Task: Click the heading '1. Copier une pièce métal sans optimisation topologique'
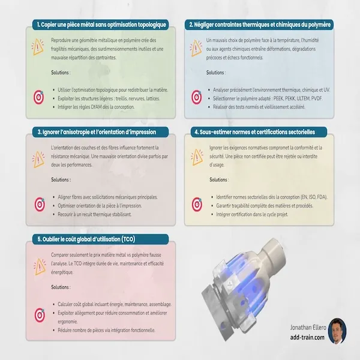(101, 25)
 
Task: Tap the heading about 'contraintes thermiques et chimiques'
(260, 25)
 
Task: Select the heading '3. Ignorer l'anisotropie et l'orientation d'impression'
(97, 132)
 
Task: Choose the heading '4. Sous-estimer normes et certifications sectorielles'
(254, 132)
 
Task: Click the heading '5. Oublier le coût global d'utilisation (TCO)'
(86, 239)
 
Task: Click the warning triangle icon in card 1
(37, 47)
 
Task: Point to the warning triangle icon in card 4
(197, 157)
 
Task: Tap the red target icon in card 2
(197, 97)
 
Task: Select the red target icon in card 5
(40, 315)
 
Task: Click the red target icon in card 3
(40, 205)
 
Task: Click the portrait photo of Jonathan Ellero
(337, 331)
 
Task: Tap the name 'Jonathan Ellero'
(308, 328)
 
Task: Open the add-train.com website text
(307, 337)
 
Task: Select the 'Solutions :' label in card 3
(61, 179)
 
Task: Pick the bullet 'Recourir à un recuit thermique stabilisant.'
(95, 214)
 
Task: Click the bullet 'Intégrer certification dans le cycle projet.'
(252, 214)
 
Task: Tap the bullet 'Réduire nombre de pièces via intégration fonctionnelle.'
(107, 330)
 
